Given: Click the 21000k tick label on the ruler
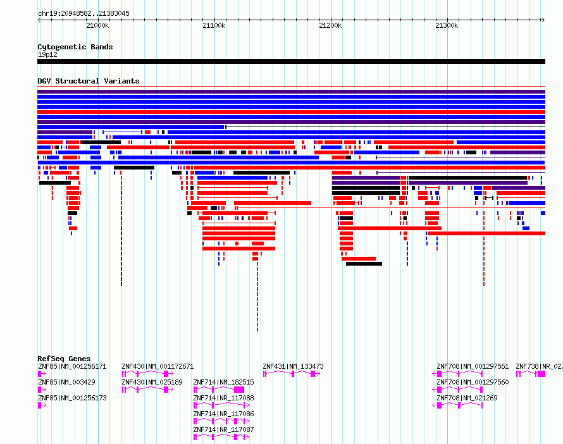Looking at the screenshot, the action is [97, 25].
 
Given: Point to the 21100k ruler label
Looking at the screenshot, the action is [214, 25].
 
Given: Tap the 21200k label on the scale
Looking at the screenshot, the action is [330, 25].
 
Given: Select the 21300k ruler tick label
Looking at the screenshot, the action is [447, 25].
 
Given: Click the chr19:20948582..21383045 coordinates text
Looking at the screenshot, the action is [84, 14].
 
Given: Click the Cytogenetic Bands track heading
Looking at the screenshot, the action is [75, 47].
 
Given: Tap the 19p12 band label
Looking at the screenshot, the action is [47, 54].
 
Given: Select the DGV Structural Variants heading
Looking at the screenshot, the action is [89, 81].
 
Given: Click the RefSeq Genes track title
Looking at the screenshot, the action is [64, 359].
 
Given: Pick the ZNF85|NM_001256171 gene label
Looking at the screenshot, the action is [72, 366].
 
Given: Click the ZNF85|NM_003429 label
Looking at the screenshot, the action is [67, 382].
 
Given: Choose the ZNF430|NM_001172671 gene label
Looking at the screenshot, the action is [158, 366].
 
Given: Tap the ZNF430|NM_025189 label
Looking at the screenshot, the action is [152, 382].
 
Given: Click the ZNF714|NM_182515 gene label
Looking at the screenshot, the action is [223, 382].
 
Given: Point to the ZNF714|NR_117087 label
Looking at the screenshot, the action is [223, 429].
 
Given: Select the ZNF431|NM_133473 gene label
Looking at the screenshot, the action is [293, 366].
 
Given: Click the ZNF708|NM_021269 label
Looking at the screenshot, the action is [467, 398].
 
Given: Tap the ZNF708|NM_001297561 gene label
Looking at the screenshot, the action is [473, 366].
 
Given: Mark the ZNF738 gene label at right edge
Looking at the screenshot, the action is [540, 366].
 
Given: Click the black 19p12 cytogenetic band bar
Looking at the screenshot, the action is [291, 61].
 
